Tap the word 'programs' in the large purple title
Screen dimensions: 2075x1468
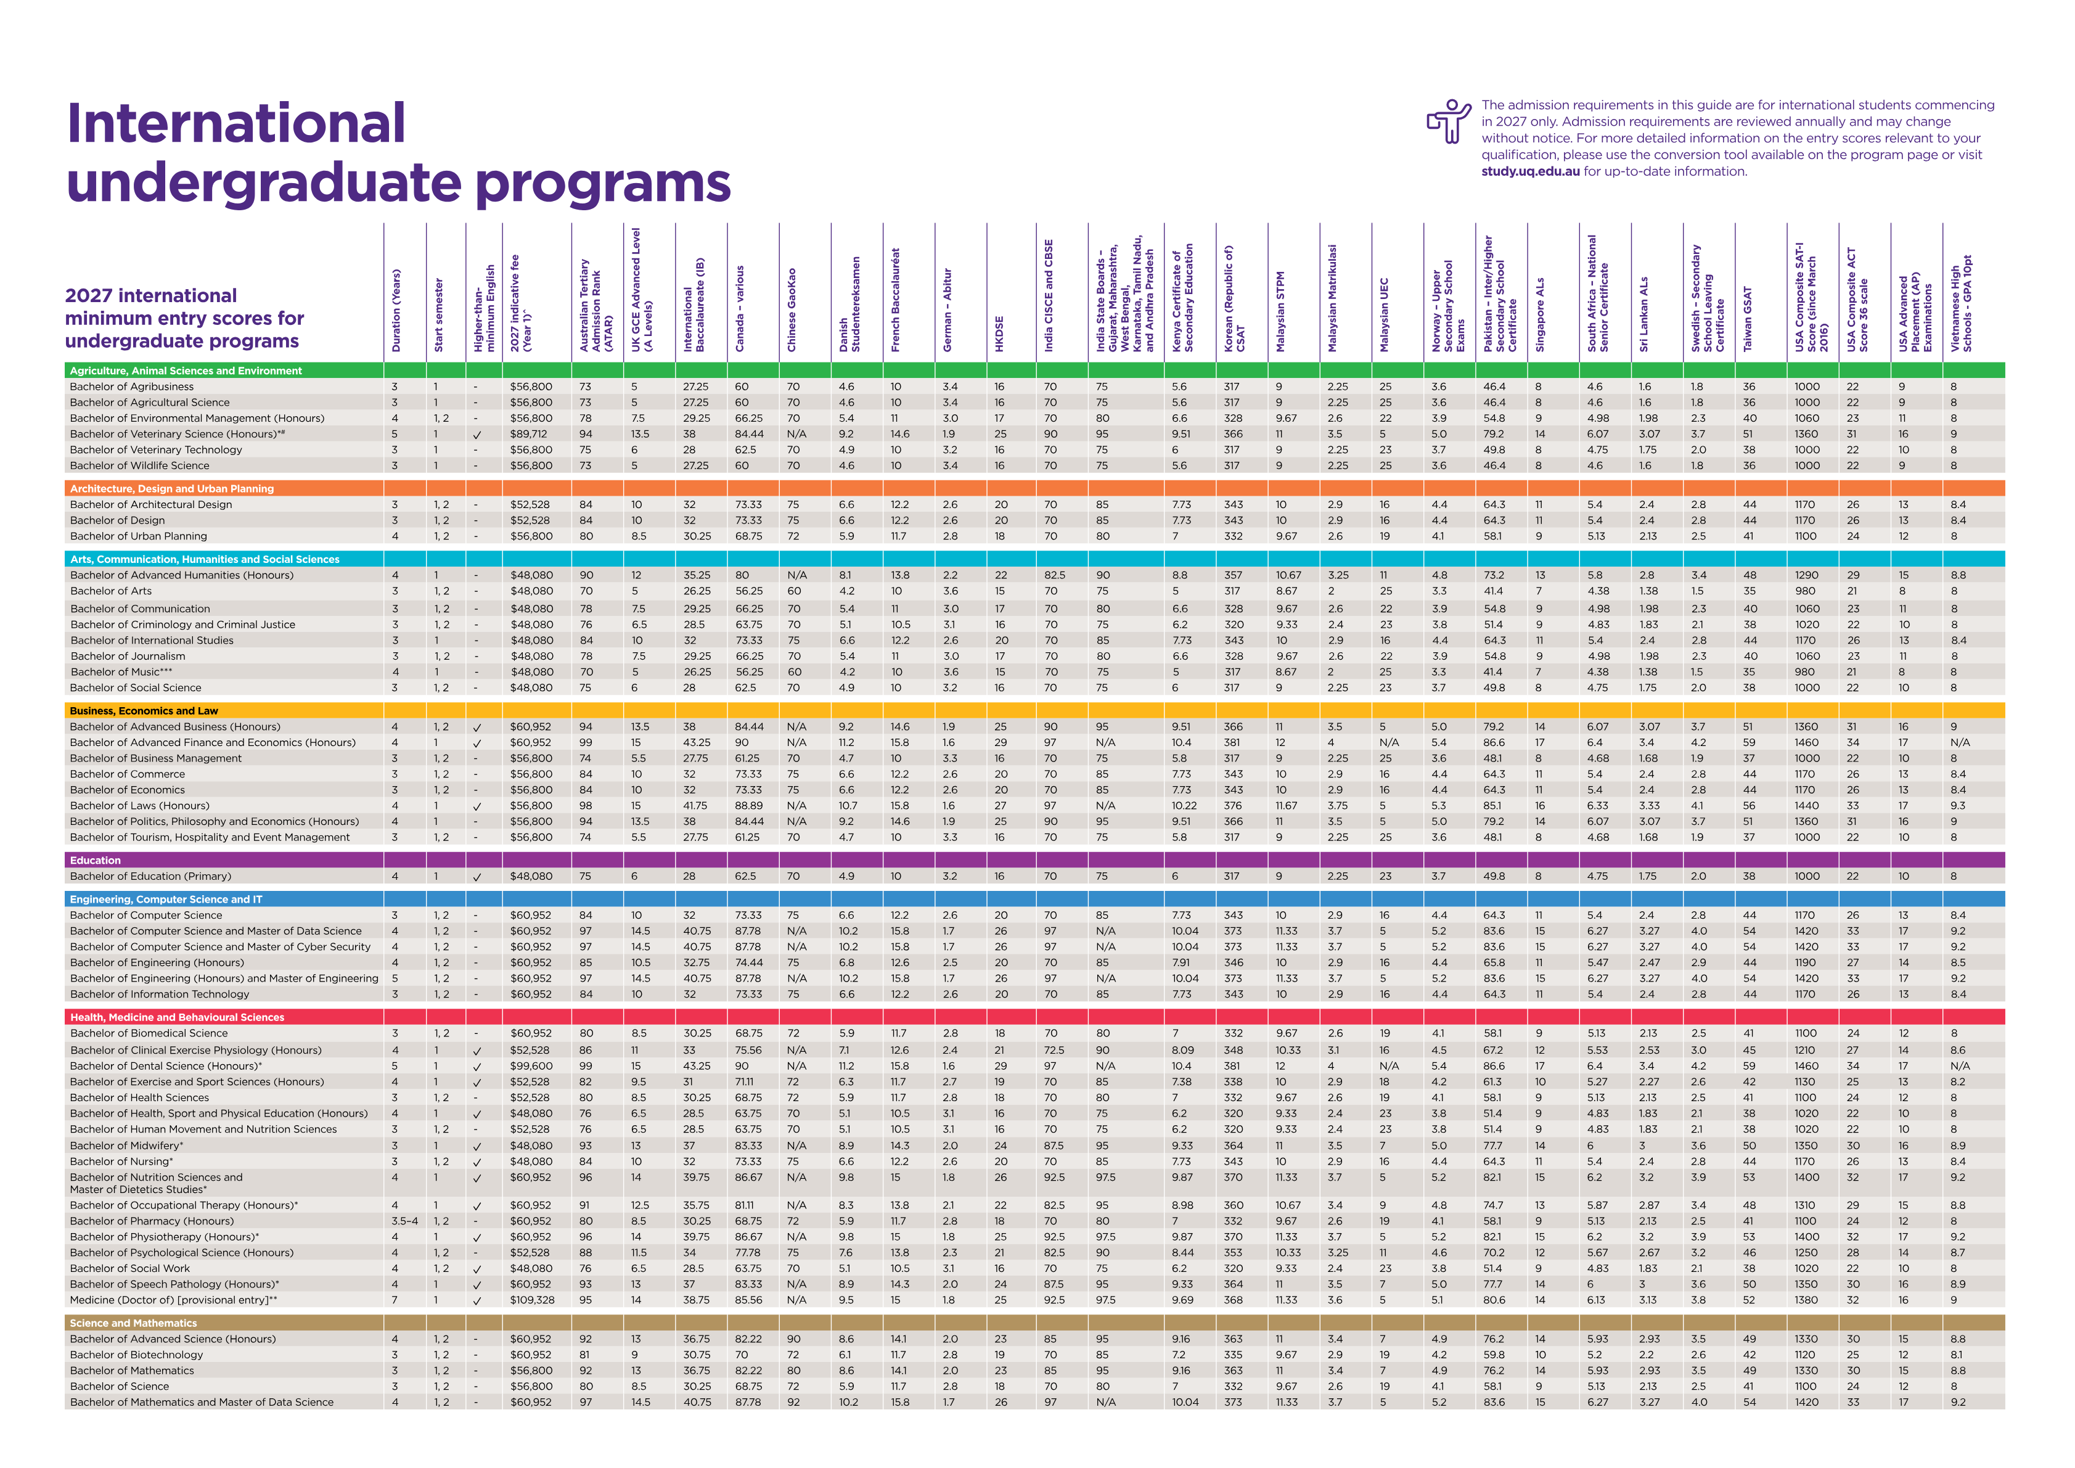coord(603,184)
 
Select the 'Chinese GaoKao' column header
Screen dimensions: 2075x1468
coord(792,310)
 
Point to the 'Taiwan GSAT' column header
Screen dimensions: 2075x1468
coord(1748,319)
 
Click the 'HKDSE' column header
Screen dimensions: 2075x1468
coord(999,334)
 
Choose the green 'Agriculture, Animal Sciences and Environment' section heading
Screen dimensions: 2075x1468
coord(186,371)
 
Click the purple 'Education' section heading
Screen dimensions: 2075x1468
coord(95,861)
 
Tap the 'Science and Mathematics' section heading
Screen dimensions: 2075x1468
coord(133,1322)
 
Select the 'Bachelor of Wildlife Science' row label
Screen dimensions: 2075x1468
coord(139,465)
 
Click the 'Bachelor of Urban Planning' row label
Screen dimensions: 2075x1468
coord(138,536)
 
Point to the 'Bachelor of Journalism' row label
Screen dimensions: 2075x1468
coord(128,656)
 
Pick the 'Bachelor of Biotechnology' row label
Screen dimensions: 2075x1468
coord(136,1355)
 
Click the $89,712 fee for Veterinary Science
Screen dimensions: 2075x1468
coord(529,434)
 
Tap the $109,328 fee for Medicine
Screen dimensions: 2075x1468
coord(532,1300)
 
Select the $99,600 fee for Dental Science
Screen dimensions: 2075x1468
coord(531,1066)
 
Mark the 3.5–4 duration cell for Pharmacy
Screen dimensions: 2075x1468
coord(404,1221)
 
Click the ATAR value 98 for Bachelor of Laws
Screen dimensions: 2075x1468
coord(586,805)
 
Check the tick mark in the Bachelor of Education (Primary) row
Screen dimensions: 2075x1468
coord(477,877)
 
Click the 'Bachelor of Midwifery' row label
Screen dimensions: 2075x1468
coord(126,1146)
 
